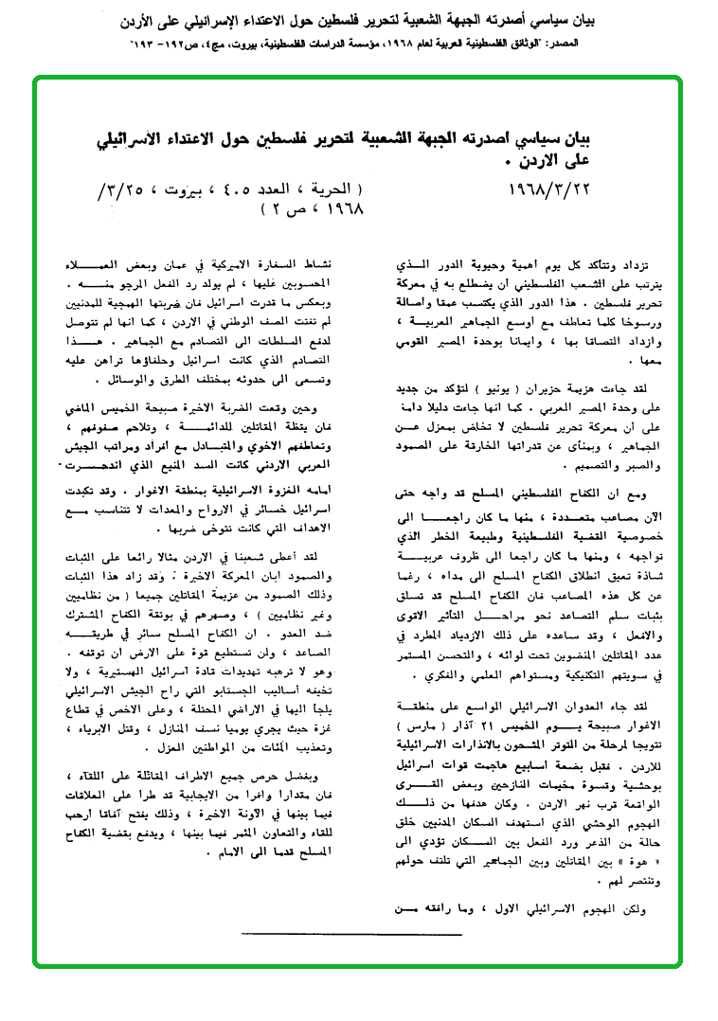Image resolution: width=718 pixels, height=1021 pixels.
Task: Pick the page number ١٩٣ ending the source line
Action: tap(151, 44)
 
